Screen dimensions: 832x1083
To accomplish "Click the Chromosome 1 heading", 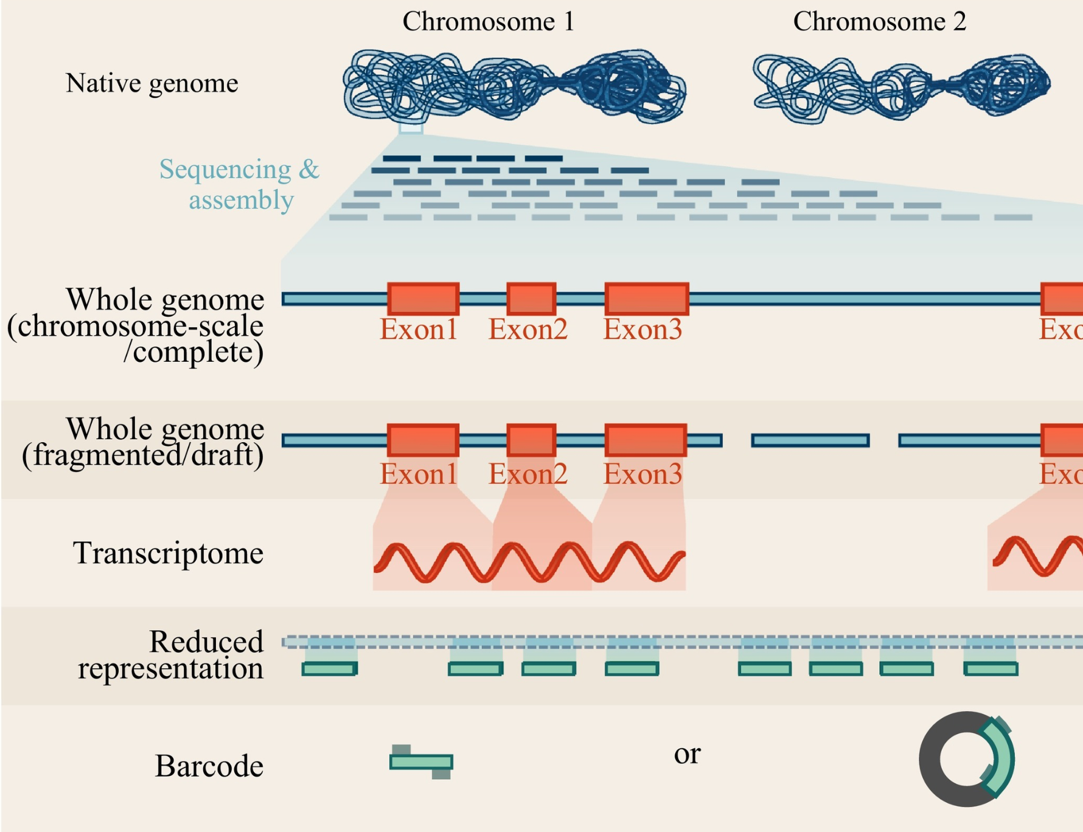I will coord(488,22).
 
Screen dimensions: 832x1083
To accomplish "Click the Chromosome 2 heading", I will coord(879,22).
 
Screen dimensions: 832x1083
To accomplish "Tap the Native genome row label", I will coord(151,83).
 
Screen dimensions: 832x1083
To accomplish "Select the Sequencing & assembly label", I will coord(240,184).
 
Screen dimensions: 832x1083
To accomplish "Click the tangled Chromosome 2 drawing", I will coord(900,87).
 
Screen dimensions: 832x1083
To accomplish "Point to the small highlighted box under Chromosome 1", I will coord(411,128).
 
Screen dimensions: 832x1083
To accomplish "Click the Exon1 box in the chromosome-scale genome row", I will coord(423,299).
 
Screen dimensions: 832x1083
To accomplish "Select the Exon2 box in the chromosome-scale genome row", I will coord(531,299).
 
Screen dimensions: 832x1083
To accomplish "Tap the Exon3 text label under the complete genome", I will coord(642,330).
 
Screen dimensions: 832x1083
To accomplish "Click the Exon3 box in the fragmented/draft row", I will coord(646,440).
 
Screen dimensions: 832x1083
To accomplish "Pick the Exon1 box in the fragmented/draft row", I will coord(423,440).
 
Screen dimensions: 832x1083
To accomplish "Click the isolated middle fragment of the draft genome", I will coord(810,440).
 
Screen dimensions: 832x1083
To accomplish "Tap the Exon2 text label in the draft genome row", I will coord(528,474).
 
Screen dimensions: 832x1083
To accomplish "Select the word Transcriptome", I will coord(168,553).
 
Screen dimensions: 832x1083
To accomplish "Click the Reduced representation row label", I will coord(172,655).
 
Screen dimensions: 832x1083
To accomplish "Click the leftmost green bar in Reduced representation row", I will coord(329,669).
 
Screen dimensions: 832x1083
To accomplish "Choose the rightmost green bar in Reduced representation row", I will coord(991,669).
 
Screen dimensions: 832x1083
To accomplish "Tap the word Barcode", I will coord(209,766).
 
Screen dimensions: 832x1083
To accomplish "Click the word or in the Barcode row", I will coord(687,754).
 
